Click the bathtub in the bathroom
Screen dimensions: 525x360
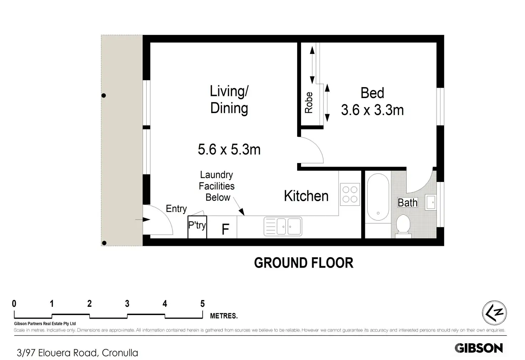click(378, 197)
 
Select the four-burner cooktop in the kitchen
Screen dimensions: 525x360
click(350, 194)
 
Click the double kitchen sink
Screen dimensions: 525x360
click(283, 226)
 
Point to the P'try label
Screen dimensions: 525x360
click(197, 225)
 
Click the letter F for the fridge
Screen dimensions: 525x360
click(225, 229)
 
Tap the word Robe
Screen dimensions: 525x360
click(309, 102)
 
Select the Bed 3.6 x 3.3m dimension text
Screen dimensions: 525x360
click(372, 101)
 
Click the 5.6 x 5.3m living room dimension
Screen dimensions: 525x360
click(229, 149)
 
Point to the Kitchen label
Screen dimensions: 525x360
click(306, 196)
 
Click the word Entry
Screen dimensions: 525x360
click(176, 209)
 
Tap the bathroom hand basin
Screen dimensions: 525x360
click(430, 202)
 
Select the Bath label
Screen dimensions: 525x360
click(408, 203)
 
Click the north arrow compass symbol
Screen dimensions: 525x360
click(494, 313)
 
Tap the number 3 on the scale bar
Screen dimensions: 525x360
click(127, 304)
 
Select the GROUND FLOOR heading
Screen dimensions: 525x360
click(304, 263)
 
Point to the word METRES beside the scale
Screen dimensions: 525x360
click(224, 316)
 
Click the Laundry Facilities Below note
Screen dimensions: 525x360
click(216, 186)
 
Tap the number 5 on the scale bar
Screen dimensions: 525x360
click(203, 304)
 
